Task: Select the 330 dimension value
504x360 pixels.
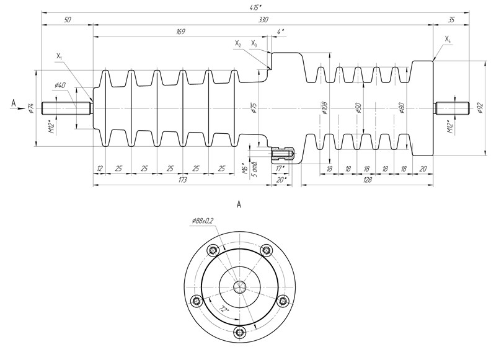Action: tap(263, 20)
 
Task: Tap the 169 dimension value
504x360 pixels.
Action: tap(180, 30)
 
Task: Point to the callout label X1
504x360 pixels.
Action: tap(60, 56)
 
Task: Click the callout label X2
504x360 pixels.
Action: tap(239, 43)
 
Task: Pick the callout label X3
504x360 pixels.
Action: tap(254, 43)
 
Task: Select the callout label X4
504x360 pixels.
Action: tap(448, 38)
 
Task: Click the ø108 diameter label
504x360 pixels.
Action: tap(324, 109)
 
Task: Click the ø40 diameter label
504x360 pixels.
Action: tap(60, 85)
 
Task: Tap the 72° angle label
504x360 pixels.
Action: tap(224, 309)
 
